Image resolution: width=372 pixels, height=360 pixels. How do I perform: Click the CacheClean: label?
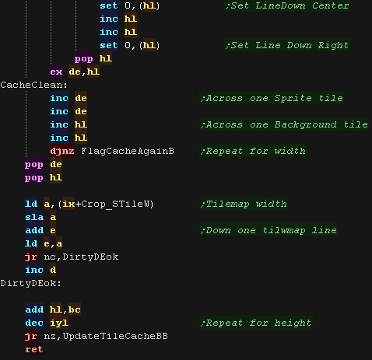[33, 85]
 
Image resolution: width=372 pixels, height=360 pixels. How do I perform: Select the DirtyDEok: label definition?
[30, 283]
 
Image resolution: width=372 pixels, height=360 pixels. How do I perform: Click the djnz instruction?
[62, 151]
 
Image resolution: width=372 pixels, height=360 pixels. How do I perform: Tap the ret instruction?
[34, 349]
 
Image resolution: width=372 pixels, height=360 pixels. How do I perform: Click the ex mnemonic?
[56, 72]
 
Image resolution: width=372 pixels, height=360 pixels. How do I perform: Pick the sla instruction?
[34, 217]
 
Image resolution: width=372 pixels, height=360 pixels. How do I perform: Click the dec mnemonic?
[34, 323]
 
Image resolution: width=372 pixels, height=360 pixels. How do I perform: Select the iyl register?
[59, 323]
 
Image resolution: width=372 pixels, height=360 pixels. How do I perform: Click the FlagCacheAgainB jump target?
[128, 151]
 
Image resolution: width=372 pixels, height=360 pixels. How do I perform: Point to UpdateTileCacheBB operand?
[115, 336]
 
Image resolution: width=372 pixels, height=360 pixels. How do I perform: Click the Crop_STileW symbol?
[114, 204]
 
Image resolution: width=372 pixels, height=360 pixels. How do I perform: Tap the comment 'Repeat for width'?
[253, 151]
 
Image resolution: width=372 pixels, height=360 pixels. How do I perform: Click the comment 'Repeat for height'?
[256, 323]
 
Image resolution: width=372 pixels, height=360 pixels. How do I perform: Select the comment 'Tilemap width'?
[244, 204]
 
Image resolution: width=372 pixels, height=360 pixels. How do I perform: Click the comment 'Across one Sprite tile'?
[272, 98]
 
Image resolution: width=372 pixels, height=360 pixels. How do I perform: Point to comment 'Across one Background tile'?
[284, 124]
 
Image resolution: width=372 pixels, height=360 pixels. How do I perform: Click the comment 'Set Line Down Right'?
[287, 45]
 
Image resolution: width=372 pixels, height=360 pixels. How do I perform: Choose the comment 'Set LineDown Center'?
[287, 5]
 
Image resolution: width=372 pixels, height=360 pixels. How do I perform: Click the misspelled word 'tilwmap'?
[284, 230]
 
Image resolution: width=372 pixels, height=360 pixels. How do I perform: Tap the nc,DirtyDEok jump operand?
[81, 257]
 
